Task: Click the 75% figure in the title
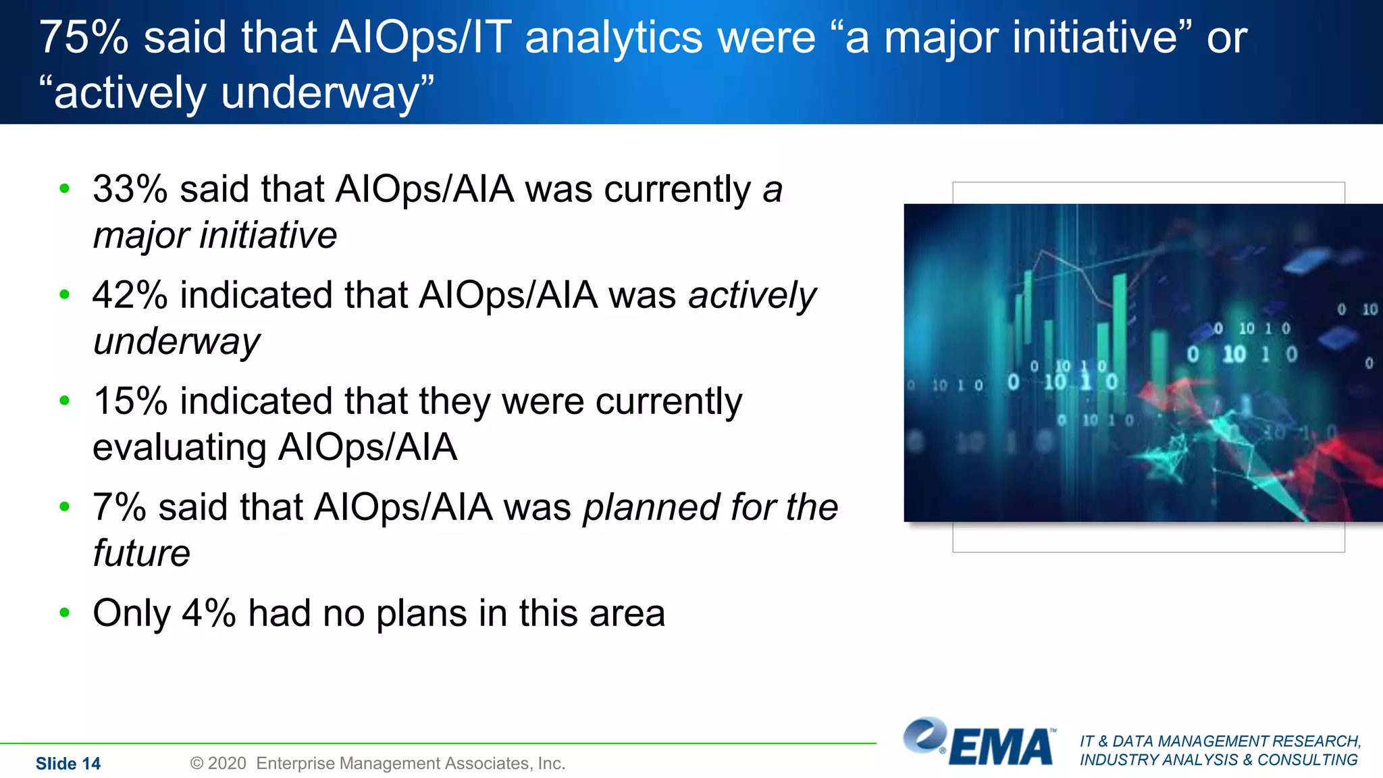[84, 38]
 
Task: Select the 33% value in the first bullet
[130, 189]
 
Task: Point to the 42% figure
[130, 296]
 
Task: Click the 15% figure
[130, 402]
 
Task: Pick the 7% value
[119, 508]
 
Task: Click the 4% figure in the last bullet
[209, 614]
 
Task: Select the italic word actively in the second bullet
[752, 296]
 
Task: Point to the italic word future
[141, 554]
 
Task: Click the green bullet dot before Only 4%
[65, 613]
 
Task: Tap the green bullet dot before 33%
[65, 189]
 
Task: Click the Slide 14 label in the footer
[68, 764]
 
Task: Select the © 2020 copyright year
[218, 764]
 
